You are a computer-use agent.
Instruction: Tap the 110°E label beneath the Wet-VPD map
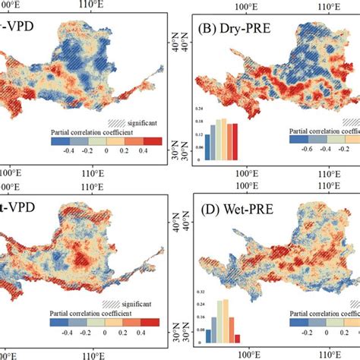92,353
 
